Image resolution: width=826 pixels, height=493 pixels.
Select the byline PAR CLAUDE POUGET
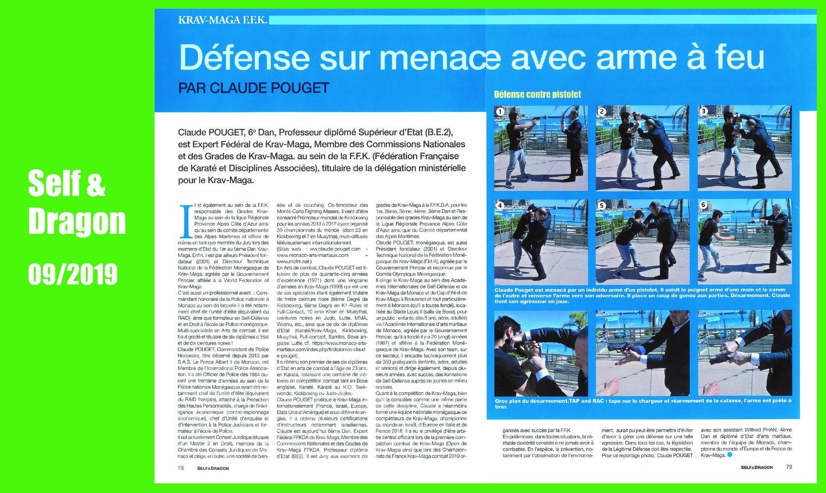pos(254,88)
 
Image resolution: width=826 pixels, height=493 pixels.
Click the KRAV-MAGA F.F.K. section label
pos(222,20)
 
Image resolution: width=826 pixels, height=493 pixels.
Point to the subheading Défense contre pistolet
pos(537,94)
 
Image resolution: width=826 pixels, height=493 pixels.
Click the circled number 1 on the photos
pos(500,111)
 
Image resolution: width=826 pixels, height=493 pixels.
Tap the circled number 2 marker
pos(602,111)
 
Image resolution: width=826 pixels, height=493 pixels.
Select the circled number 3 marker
pos(703,111)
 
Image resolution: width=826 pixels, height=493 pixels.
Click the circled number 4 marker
pos(500,205)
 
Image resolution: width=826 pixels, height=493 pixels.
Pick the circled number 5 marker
pos(602,205)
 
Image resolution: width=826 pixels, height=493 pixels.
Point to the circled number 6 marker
pos(703,205)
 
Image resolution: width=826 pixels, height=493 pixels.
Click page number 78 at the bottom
pos(181,467)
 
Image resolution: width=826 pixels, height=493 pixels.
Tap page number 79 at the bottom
pos(789,467)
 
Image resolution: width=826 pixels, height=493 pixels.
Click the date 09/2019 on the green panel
pos(73,273)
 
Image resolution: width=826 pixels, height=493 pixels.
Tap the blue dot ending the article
pos(729,455)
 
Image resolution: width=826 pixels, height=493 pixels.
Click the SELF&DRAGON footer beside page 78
pos(213,467)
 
